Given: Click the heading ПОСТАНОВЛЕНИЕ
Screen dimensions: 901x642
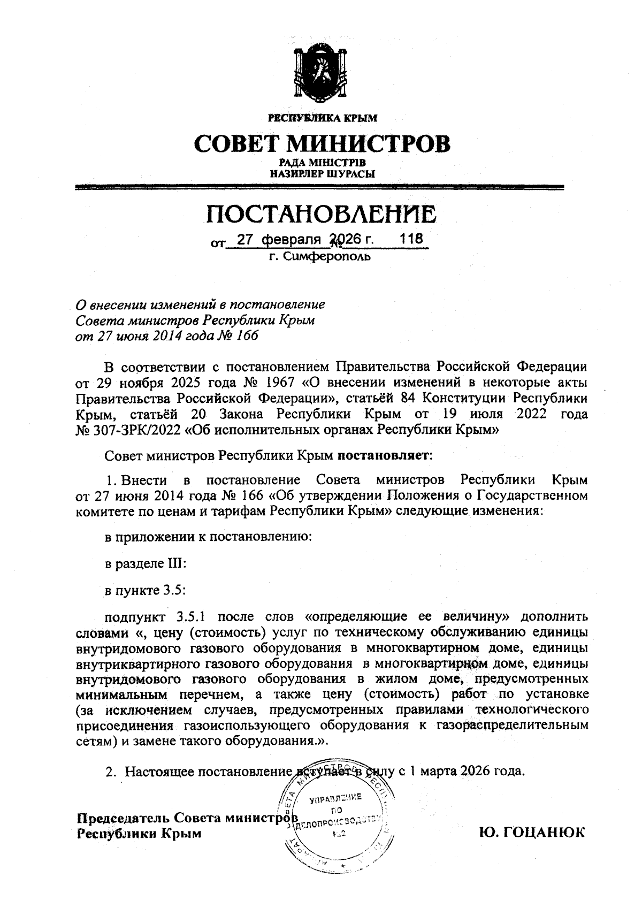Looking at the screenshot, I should (322, 214).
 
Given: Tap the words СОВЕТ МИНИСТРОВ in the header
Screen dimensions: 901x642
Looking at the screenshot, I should (322, 143).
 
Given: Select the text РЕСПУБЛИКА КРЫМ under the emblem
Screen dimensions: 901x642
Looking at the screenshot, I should (322, 117).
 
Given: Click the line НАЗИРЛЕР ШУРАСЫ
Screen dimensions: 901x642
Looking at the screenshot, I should (322, 173).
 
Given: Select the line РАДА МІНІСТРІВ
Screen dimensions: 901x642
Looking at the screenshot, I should (322, 163).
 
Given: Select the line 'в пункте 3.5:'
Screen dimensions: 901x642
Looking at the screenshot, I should (144, 590).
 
